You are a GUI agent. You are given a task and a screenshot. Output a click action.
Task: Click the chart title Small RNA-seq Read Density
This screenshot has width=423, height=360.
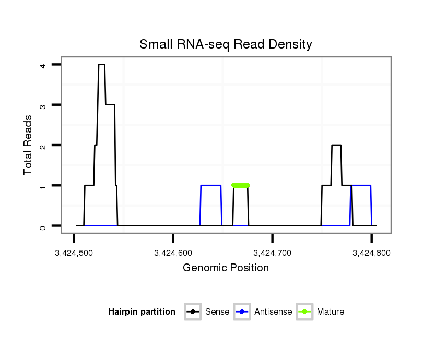click(x=226, y=44)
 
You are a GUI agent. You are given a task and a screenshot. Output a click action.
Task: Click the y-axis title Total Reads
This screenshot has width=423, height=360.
click(x=28, y=145)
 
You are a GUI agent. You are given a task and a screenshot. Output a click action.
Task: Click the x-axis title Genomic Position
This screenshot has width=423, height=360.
click(x=226, y=268)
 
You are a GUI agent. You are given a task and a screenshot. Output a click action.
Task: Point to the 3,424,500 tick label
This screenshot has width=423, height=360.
click(x=74, y=253)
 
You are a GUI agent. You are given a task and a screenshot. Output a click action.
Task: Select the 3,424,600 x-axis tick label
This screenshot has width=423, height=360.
click(x=173, y=253)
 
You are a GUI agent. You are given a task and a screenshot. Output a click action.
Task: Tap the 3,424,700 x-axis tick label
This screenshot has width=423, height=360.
click(x=272, y=253)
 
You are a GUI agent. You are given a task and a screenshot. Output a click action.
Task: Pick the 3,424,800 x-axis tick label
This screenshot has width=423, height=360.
click(x=371, y=253)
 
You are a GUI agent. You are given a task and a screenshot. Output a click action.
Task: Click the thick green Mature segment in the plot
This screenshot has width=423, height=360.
click(x=240, y=185)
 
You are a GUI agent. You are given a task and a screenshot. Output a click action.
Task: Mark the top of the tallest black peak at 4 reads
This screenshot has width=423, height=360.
click(x=101, y=65)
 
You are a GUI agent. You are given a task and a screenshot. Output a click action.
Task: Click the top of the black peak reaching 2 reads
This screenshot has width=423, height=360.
click(x=336, y=145)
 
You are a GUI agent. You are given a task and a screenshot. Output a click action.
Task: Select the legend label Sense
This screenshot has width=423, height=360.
click(x=217, y=312)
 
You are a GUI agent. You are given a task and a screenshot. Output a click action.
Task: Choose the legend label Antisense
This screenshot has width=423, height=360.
click(x=273, y=312)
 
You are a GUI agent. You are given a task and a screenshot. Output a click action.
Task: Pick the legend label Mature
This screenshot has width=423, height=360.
click(x=331, y=312)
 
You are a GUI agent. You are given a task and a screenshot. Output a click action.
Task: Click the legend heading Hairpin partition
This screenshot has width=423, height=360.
click(x=142, y=312)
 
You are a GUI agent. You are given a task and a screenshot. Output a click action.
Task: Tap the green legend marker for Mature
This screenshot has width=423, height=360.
click(x=304, y=312)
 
